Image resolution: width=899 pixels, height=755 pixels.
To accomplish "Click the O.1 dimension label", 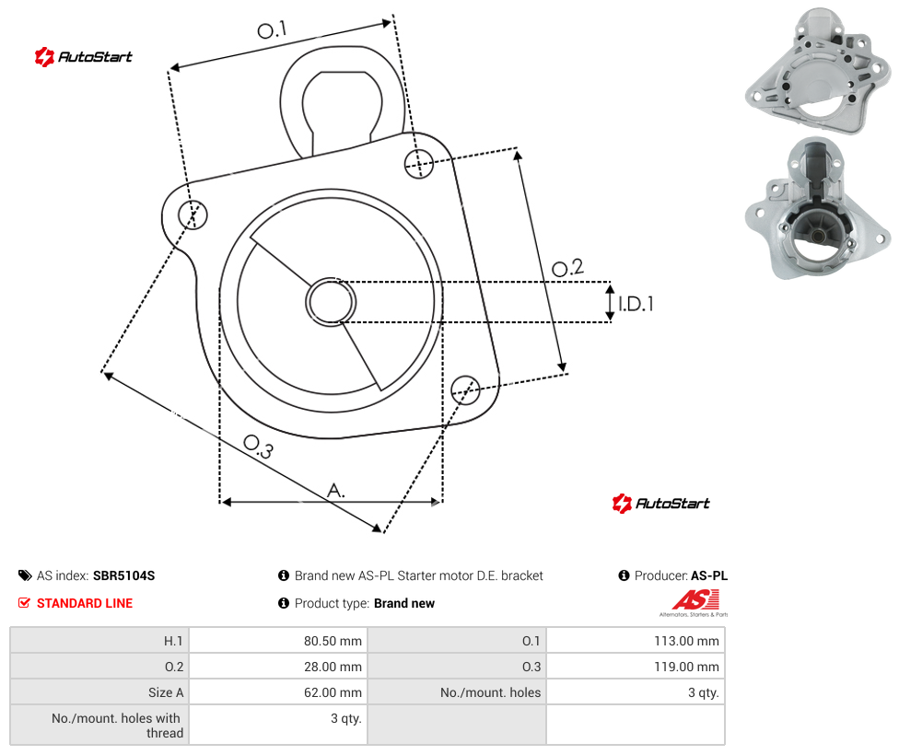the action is click(x=272, y=29).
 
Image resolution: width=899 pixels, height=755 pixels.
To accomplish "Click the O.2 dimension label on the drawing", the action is click(x=567, y=268).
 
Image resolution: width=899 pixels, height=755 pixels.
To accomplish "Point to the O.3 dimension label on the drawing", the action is click(x=259, y=447).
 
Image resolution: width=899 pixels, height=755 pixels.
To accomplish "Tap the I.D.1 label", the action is click(x=636, y=304).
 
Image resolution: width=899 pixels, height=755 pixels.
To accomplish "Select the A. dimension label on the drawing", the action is click(x=336, y=491).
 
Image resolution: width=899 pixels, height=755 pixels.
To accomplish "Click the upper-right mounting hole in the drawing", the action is click(x=419, y=163).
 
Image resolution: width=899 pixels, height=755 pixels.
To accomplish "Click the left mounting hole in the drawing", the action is click(x=193, y=215).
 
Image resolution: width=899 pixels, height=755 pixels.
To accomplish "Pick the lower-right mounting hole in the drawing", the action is click(x=465, y=390).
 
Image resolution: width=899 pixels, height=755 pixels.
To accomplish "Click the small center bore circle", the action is click(x=331, y=302).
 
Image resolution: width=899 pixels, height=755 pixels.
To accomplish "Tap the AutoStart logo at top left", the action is click(x=83, y=57).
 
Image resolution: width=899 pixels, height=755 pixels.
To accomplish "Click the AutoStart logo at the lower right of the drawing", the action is click(x=660, y=504).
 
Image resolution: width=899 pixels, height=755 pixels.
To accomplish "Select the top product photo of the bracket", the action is click(x=818, y=71).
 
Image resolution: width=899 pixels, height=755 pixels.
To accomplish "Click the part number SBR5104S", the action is click(x=123, y=575).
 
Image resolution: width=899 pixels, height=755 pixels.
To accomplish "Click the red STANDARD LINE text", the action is click(x=85, y=603).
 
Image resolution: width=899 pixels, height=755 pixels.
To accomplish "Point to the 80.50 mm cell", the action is click(x=278, y=641).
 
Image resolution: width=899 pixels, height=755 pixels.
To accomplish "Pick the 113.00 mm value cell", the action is click(x=636, y=641).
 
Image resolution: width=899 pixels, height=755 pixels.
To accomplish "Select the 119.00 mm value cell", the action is click(x=636, y=667).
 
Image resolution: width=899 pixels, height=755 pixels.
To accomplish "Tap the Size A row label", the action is click(x=166, y=692).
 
